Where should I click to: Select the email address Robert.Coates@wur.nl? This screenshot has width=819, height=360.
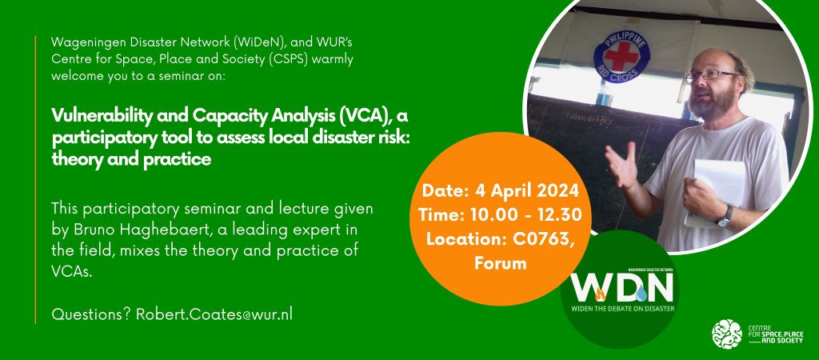(214, 314)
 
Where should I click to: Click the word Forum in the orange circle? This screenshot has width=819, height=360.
(501, 263)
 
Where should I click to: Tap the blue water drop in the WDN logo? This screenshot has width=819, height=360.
(641, 294)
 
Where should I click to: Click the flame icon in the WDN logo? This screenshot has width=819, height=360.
(600, 296)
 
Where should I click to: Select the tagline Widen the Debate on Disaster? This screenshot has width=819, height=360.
(622, 308)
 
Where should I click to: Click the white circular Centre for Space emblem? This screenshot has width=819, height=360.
(727, 334)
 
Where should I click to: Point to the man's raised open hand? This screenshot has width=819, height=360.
(621, 164)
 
